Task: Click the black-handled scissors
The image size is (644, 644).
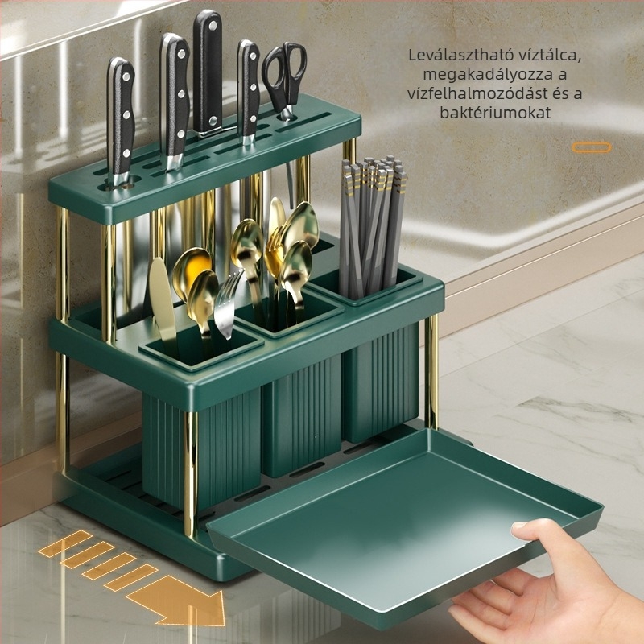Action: (x=285, y=78)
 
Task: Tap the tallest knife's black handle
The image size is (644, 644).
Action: (x=208, y=70)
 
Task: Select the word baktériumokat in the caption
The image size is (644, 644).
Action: (x=495, y=113)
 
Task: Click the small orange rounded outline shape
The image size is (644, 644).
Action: (x=592, y=147)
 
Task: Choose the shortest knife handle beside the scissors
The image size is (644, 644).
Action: (x=249, y=89)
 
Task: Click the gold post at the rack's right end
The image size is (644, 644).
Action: (x=431, y=369)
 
